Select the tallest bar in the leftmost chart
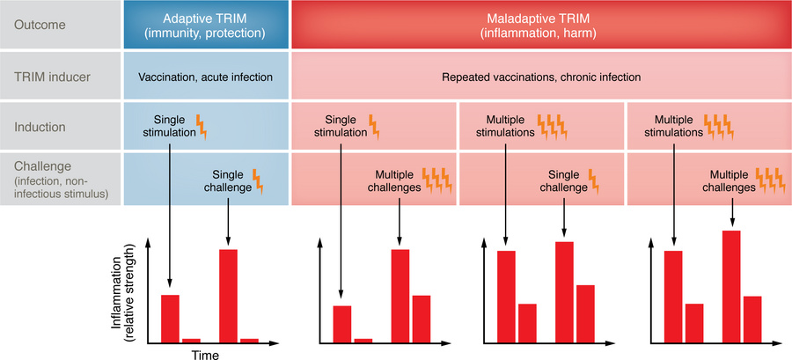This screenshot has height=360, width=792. [228, 295]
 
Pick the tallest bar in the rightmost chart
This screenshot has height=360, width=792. [731, 286]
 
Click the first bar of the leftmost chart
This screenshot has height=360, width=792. [170, 318]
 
